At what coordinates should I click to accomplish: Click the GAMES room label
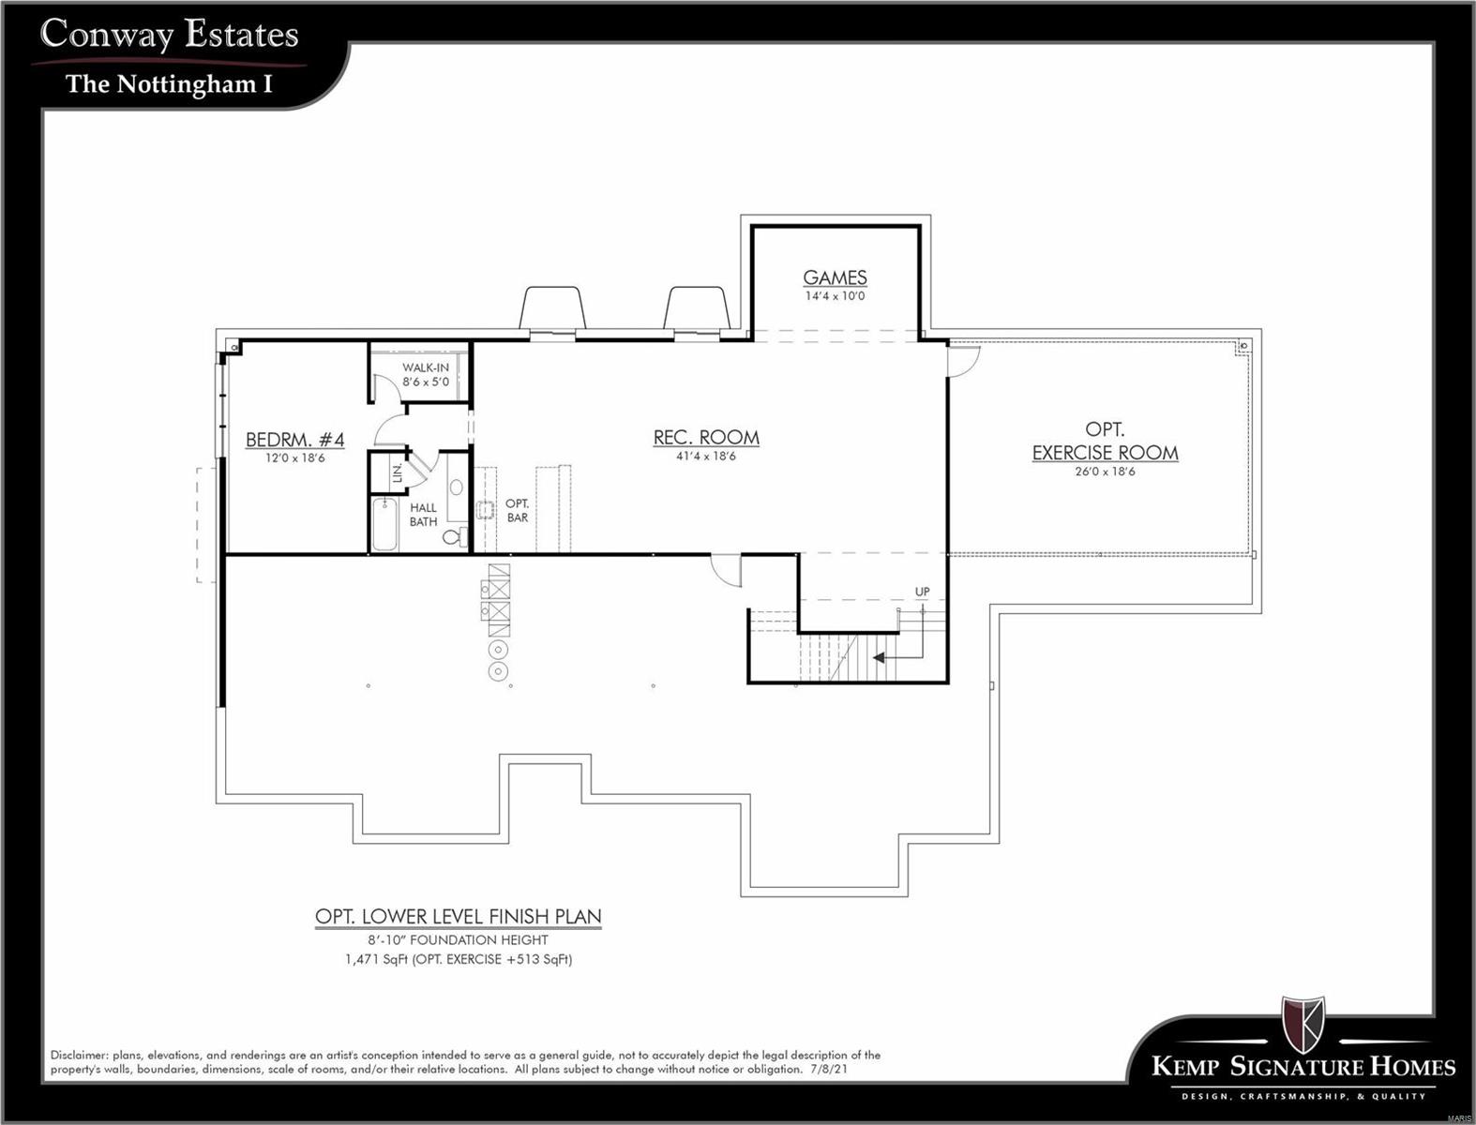[x=835, y=277]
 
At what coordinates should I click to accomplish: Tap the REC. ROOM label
[x=706, y=437]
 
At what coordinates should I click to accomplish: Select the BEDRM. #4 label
[x=294, y=440]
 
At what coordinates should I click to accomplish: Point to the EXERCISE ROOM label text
[x=1105, y=453]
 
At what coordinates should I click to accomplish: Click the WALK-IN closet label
[x=425, y=367]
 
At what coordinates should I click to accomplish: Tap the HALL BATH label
[x=423, y=515]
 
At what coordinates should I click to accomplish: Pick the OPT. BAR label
[x=517, y=510]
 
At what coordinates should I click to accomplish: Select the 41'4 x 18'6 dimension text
[x=706, y=457]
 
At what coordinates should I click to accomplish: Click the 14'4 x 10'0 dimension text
[x=835, y=296]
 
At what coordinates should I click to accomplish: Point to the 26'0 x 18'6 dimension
[x=1105, y=472]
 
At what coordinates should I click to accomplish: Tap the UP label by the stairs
[x=923, y=592]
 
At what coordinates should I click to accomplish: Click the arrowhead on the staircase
[x=879, y=658]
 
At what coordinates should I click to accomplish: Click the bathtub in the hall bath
[x=385, y=525]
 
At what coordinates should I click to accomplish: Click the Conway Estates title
[x=170, y=35]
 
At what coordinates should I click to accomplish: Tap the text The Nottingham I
[x=170, y=84]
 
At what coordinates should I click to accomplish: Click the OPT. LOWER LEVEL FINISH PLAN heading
[x=458, y=916]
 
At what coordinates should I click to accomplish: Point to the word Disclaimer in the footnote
[x=78, y=1056]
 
